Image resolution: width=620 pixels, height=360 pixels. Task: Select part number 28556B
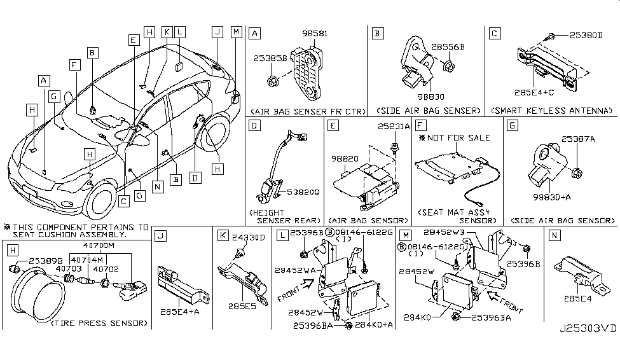(447, 46)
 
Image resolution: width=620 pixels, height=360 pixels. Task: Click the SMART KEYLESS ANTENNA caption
(552, 111)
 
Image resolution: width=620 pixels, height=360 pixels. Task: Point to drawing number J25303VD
(588, 349)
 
